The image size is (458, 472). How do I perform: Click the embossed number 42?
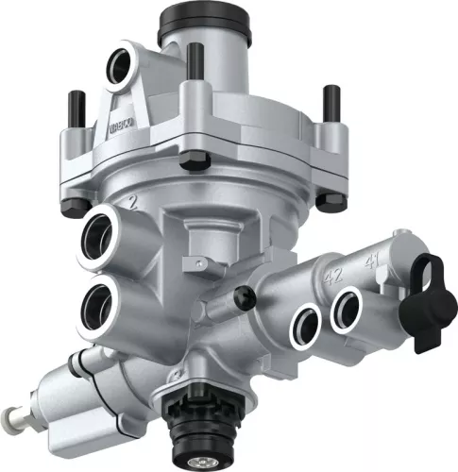pyautogui.click(x=332, y=277)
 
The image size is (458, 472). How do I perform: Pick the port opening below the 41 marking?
pyautogui.click(x=347, y=308)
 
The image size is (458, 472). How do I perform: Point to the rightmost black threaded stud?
pyautogui.click(x=331, y=103)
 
